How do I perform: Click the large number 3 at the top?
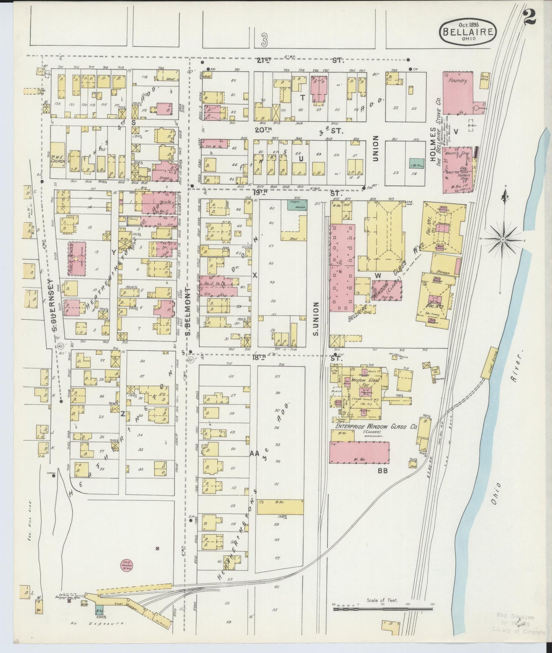point(265,38)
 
